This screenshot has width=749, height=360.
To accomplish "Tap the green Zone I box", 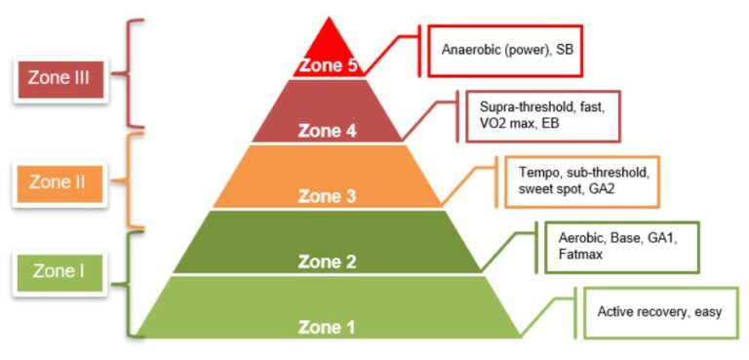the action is pyautogui.click(x=56, y=271).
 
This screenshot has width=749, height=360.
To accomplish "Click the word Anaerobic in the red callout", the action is pyautogui.click(x=471, y=49).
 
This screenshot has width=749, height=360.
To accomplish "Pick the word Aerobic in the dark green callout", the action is pyautogui.click(x=581, y=236).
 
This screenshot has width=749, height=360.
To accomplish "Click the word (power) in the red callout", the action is pyautogui.click(x=527, y=49).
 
